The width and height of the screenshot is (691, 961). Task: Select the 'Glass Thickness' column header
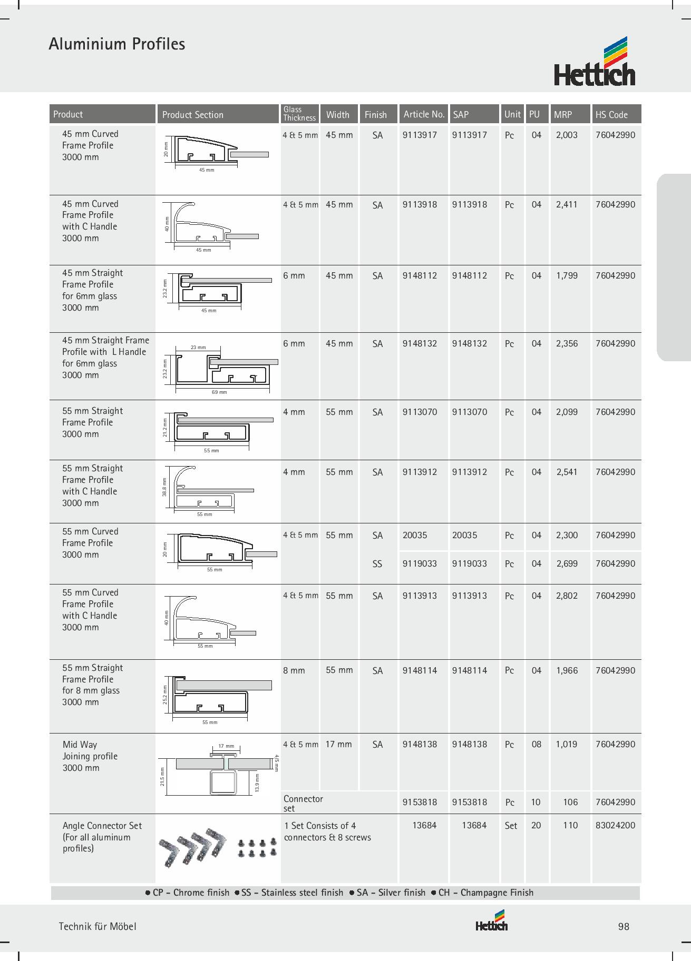click(299, 114)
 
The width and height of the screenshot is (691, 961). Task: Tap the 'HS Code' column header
click(611, 114)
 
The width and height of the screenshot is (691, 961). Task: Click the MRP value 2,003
click(567, 135)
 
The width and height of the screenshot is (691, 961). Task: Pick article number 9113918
click(420, 204)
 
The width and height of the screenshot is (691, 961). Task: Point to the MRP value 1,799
click(567, 275)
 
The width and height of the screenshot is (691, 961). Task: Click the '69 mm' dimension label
click(219, 392)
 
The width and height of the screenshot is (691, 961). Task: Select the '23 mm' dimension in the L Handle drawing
click(198, 348)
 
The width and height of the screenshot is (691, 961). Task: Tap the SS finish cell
click(377, 564)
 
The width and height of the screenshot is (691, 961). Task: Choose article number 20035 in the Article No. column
click(415, 535)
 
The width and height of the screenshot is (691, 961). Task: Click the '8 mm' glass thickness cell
click(294, 670)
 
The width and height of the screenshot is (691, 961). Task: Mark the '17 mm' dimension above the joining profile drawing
click(226, 746)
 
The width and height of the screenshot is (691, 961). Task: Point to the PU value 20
click(536, 825)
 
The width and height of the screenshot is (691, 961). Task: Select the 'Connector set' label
click(303, 803)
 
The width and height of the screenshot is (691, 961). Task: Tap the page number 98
click(624, 927)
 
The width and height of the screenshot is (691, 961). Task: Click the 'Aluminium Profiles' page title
click(117, 44)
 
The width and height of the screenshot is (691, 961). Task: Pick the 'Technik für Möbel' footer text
click(98, 927)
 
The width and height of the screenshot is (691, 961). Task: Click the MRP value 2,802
click(567, 596)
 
